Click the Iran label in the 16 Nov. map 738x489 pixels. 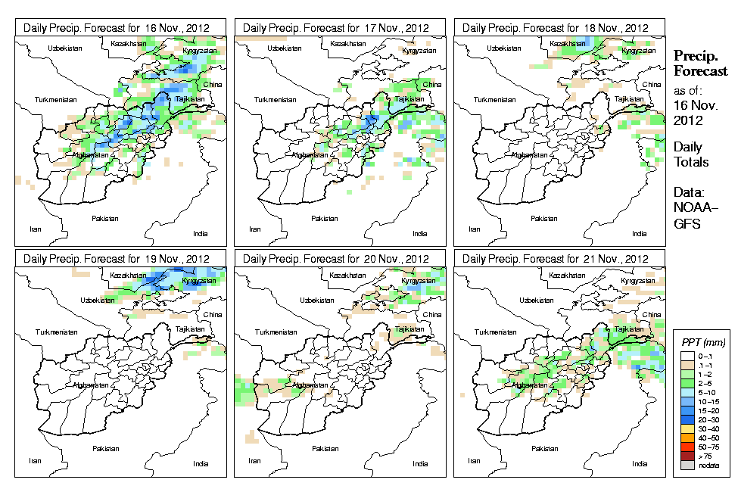point(35,228)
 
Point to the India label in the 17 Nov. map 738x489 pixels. point(419,234)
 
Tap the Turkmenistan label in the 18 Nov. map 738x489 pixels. point(491,99)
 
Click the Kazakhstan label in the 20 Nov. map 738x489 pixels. point(347,276)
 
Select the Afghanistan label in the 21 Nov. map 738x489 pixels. point(530,385)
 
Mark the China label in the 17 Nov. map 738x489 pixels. point(432,84)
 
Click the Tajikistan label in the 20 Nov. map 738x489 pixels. point(409,329)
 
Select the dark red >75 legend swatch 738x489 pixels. point(687,456)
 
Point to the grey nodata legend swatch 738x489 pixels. point(687,466)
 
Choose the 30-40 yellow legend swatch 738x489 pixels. point(687,427)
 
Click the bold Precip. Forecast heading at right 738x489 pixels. point(700,63)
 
